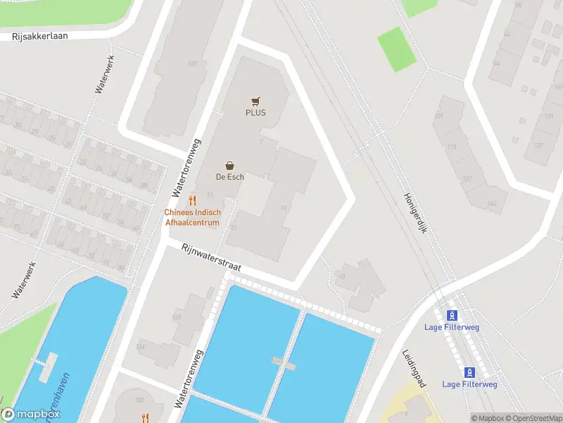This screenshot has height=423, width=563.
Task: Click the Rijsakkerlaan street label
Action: [40, 36]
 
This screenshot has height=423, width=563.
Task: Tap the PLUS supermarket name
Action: [255, 113]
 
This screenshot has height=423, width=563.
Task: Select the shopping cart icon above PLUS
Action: [255, 102]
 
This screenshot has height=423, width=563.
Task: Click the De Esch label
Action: [229, 177]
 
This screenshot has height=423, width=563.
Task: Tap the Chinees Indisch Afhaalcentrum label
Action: [192, 217]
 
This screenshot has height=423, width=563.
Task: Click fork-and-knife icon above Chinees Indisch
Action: [192, 201]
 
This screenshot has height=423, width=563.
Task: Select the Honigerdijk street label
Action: [415, 219]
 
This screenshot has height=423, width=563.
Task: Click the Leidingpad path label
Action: [414, 369]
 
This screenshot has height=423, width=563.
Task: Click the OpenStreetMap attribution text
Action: [533, 418]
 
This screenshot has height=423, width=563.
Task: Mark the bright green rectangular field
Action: [397, 49]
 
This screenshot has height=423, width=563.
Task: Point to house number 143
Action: [491, 204]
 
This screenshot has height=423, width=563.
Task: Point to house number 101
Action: [440, 116]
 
